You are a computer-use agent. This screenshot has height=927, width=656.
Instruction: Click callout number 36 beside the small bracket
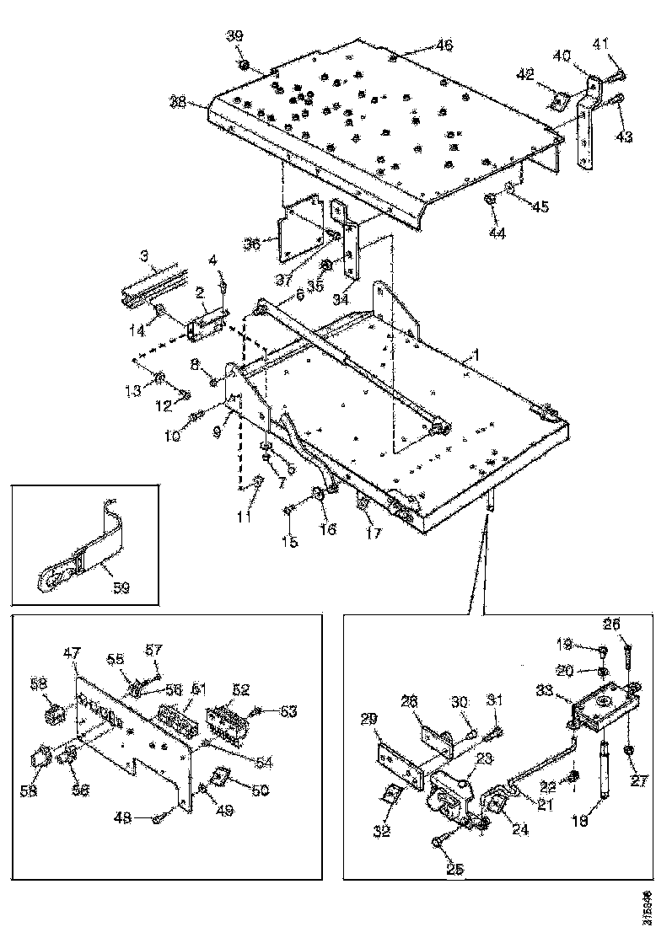(251, 244)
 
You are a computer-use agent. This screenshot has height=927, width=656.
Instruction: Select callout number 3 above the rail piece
(144, 254)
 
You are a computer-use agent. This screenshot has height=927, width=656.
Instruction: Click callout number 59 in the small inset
(121, 587)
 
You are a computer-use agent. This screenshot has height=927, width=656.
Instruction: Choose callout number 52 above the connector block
(241, 689)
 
